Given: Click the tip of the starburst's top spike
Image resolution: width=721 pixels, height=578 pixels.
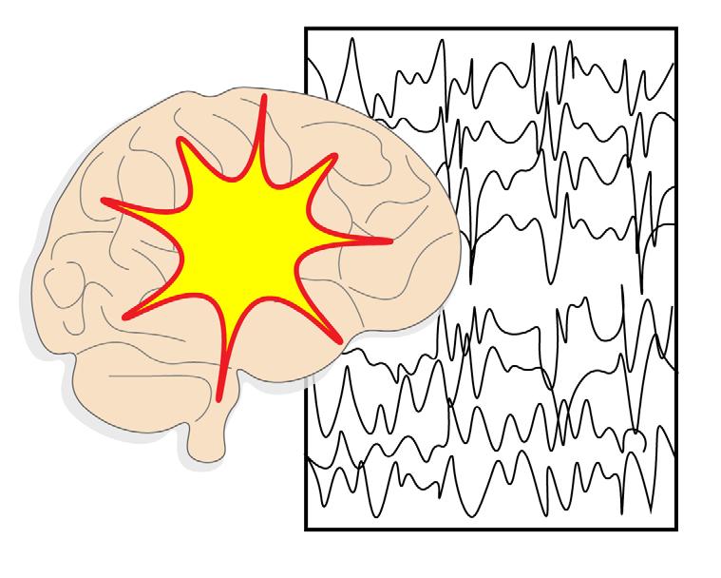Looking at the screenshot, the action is (264, 97).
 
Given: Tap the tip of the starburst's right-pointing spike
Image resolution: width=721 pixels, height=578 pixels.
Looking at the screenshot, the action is (389, 241).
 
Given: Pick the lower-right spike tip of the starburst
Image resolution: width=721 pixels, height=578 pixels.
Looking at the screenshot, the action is (338, 339).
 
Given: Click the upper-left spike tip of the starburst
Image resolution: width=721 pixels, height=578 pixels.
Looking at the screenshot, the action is (178, 142).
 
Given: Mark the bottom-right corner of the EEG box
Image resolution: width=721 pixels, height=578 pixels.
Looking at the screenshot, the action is (676, 529).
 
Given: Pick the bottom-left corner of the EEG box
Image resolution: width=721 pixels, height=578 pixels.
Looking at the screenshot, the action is (306, 529).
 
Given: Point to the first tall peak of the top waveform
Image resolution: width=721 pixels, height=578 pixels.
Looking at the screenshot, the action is (351, 39).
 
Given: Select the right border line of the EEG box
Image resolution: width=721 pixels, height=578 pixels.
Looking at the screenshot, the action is (676, 285).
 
